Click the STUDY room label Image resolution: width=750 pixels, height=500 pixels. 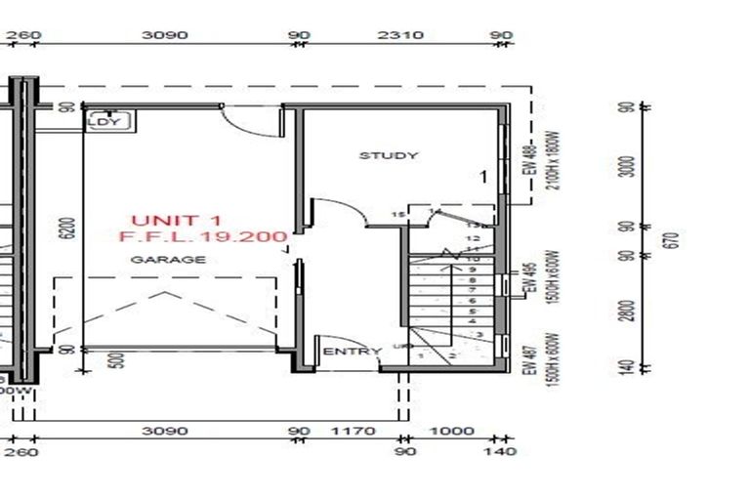click(x=388, y=155)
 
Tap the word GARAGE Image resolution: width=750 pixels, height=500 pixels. click(x=169, y=260)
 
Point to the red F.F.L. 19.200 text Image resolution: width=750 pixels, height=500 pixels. click(x=202, y=237)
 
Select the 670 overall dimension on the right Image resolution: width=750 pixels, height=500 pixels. click(x=670, y=239)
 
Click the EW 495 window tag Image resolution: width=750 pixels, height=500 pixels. click(x=532, y=279)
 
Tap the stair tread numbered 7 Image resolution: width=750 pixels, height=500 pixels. click(x=472, y=290)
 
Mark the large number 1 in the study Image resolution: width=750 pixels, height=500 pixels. click(x=482, y=177)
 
